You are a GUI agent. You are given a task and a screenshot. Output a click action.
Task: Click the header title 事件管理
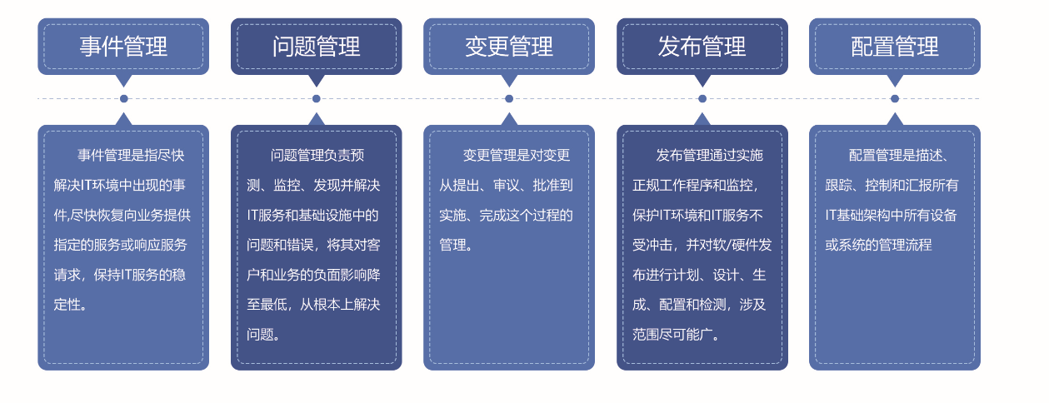pos(123,47)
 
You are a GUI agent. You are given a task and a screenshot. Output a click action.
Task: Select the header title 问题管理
pos(316,47)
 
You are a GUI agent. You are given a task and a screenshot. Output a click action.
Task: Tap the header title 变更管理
pos(509,47)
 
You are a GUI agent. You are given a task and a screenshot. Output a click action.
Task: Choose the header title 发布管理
pos(702,47)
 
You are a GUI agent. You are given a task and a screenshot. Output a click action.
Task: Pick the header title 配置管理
pos(895,47)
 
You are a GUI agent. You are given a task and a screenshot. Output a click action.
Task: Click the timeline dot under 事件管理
pos(123,99)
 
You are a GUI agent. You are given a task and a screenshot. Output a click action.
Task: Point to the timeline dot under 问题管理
pos(317,99)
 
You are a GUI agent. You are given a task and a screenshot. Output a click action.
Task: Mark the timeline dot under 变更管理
pos(509,99)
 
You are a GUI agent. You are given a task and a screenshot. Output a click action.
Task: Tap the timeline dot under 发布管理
pos(702,99)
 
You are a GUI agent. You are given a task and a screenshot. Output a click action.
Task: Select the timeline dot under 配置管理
pos(895,99)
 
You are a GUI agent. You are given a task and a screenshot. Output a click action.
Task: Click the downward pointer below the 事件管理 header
pos(123,80)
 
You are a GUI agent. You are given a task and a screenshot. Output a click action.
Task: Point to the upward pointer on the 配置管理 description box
pos(895,119)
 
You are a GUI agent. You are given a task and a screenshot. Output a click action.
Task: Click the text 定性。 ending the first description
pos(70,305)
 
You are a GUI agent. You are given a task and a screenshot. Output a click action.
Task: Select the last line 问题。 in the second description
pos(263,335)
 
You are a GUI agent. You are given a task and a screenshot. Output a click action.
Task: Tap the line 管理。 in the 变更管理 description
pos(456,245)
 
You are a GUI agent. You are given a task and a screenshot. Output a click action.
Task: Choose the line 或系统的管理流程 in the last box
pos(878,245)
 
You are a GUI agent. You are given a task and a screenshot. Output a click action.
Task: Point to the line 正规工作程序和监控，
pos(696,186)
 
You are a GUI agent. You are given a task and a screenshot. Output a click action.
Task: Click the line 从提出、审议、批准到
pos(506,186)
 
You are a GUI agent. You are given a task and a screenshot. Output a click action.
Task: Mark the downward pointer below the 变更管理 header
pos(509,80)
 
